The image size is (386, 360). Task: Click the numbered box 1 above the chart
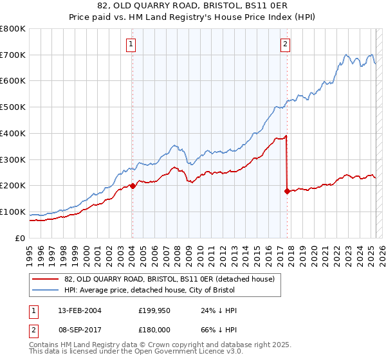(x=131, y=44)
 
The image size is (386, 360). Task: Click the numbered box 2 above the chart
(x=284, y=44)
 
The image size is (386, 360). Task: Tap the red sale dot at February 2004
(x=133, y=186)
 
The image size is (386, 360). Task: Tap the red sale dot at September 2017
(x=287, y=191)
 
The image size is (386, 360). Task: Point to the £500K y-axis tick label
(x=13, y=107)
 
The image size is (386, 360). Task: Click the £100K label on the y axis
(x=13, y=212)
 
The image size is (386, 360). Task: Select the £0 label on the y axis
(x=21, y=238)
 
